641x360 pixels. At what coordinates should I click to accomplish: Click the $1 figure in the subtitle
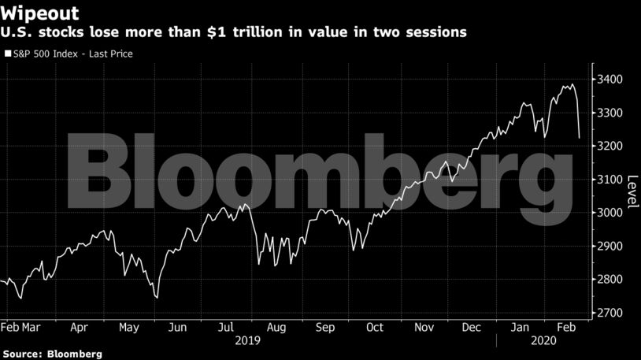click(x=217, y=32)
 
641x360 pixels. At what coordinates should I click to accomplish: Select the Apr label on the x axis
click(x=79, y=328)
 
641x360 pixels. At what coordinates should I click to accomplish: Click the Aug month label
click(x=277, y=328)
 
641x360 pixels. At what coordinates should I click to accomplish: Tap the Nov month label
click(x=424, y=328)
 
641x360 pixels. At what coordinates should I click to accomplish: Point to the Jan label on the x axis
click(x=521, y=328)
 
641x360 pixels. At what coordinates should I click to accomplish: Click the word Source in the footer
click(x=23, y=354)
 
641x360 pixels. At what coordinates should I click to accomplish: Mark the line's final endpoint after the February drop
click(x=580, y=138)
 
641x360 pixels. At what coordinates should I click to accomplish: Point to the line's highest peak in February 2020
click(x=572, y=84)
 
